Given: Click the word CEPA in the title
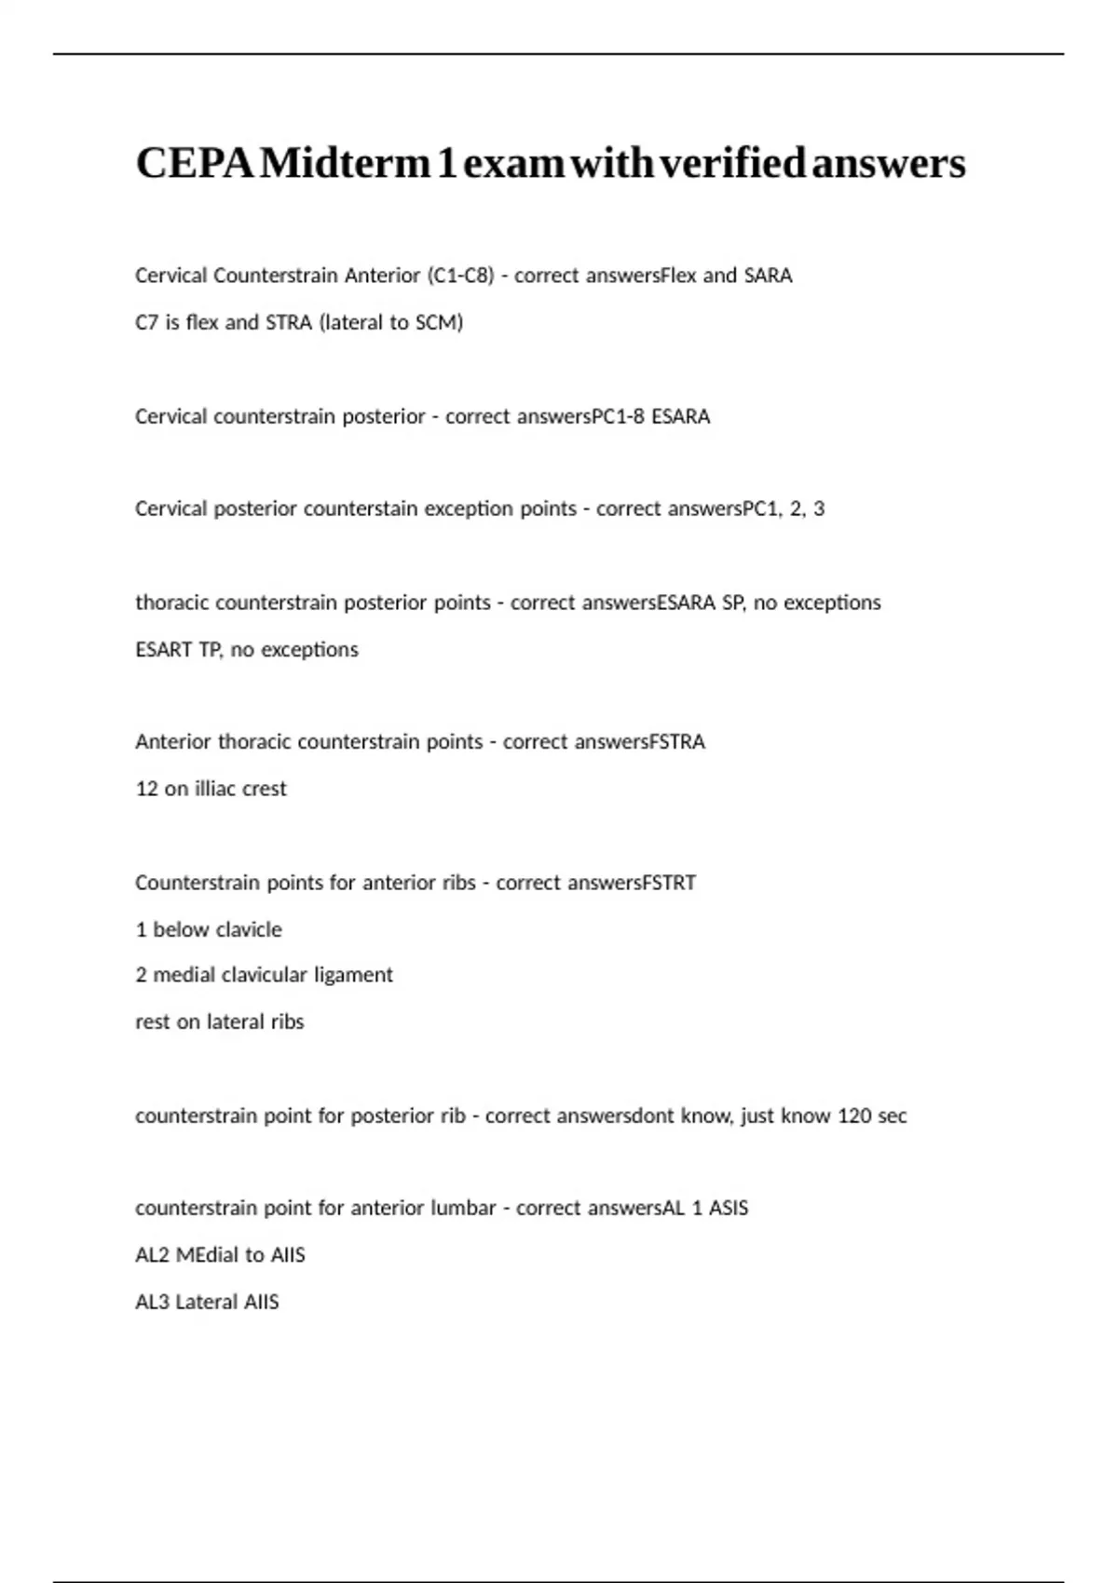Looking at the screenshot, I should click(194, 164).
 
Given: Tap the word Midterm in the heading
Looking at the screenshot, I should click(346, 164).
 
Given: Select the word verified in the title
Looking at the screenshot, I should click(731, 164).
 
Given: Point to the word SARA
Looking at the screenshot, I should click(768, 276).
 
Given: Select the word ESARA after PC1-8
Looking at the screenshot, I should click(680, 416).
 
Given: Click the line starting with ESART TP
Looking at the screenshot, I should click(247, 649).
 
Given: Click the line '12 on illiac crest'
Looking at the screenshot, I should click(211, 789).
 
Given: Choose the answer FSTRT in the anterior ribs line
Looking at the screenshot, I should click(668, 882).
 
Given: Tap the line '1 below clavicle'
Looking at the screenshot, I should click(209, 929).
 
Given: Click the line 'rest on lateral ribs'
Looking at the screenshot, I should click(220, 1022).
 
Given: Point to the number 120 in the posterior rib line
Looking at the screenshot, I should click(854, 1116).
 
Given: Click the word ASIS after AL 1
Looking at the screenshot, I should click(729, 1208).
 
